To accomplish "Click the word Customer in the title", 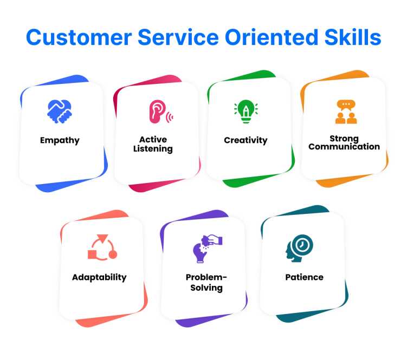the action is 79,37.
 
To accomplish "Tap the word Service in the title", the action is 178,37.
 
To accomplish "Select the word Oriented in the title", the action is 272,37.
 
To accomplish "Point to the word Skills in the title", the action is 353,37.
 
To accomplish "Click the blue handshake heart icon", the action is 60,112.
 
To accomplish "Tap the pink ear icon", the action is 160,112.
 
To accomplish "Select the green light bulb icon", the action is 246,112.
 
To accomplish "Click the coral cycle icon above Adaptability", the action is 102,247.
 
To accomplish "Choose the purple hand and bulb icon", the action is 208,248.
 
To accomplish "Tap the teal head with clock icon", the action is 299,248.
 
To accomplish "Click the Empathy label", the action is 60,141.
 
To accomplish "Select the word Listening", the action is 153,149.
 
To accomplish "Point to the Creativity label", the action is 246,140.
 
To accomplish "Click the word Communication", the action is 344,147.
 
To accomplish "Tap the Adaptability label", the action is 99,278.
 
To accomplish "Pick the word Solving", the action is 206,288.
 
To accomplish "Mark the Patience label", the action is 304,277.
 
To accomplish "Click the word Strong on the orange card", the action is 344,139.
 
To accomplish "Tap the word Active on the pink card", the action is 153,140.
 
